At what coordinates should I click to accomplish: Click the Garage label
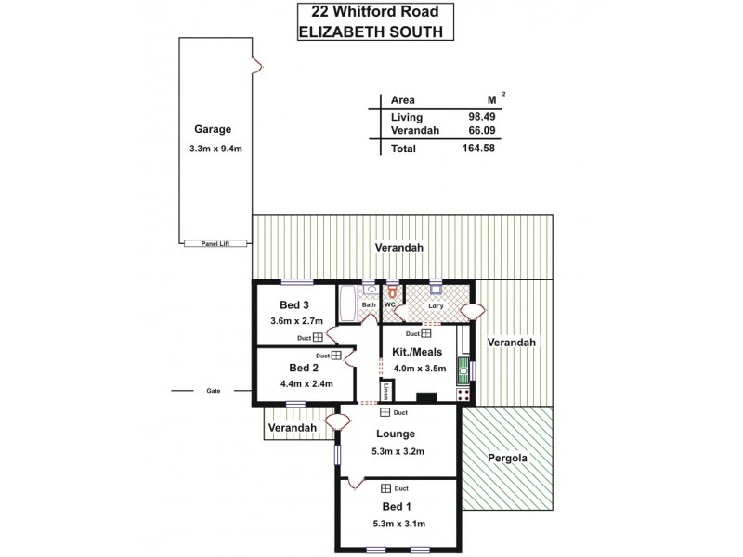(213, 129)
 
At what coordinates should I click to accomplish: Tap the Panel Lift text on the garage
(215, 243)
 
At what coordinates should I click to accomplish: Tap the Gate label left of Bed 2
(214, 392)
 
